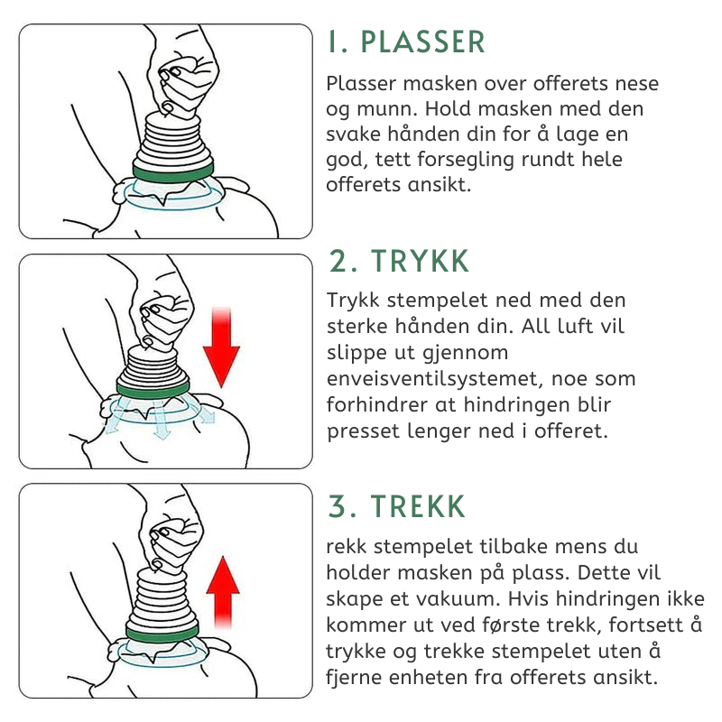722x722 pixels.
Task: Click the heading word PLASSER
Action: pos(423,42)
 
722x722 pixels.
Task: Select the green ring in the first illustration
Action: pos(172,169)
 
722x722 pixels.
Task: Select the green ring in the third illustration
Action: pos(163,634)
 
